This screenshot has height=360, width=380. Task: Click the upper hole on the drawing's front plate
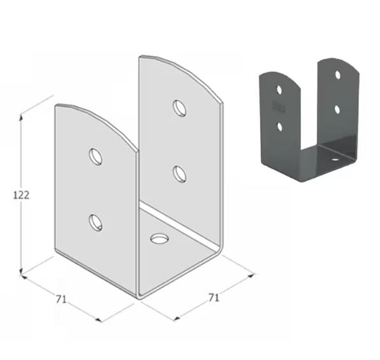[95, 155]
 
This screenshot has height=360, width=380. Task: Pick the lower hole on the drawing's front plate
[95, 221]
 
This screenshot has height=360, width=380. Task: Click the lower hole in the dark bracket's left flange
[278, 126]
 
